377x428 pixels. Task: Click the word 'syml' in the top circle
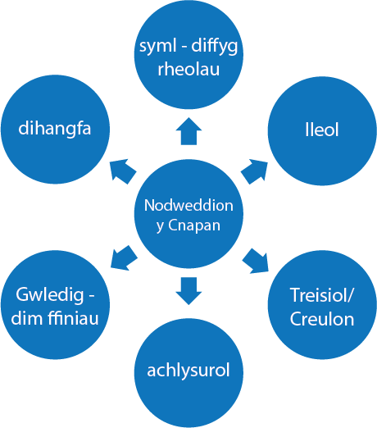coord(158,47)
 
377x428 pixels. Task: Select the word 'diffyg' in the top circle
coord(215,46)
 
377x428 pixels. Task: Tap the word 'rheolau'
coord(188,69)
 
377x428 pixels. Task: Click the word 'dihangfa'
coord(55,128)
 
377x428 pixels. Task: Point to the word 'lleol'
coord(322,130)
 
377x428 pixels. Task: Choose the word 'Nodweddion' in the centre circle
coord(188,205)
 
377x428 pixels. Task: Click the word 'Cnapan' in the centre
coord(194,225)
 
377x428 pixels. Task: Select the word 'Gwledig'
coord(50,295)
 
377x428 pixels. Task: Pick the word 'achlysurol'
coord(188,371)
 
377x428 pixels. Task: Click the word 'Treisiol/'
coord(321,295)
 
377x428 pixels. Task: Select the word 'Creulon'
coord(322,319)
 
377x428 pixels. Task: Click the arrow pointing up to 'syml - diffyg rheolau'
coord(188,131)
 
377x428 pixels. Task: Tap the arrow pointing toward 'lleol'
coord(255,171)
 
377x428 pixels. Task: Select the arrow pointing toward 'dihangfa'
coord(123,171)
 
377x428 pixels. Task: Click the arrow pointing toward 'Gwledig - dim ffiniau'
coord(124,258)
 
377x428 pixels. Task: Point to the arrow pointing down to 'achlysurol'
coord(188,291)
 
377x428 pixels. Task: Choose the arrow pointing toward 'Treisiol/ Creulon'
coord(256,261)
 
